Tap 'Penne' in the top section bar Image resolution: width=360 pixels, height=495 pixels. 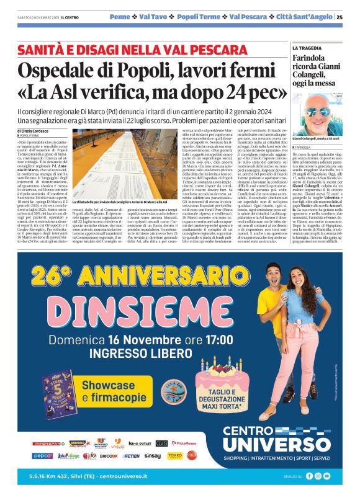[120, 17]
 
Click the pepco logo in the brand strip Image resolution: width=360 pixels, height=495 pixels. [43, 455]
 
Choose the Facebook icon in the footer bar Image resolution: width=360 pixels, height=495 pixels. [308, 476]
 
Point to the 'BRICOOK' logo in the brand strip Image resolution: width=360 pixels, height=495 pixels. [109, 456]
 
